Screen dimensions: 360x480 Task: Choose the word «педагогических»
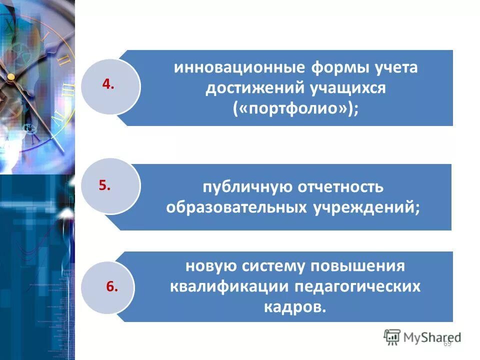(x=357, y=286)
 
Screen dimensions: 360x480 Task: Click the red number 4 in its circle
(x=108, y=84)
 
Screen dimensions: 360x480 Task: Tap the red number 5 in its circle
(x=104, y=185)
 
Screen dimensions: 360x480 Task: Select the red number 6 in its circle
(x=112, y=286)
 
